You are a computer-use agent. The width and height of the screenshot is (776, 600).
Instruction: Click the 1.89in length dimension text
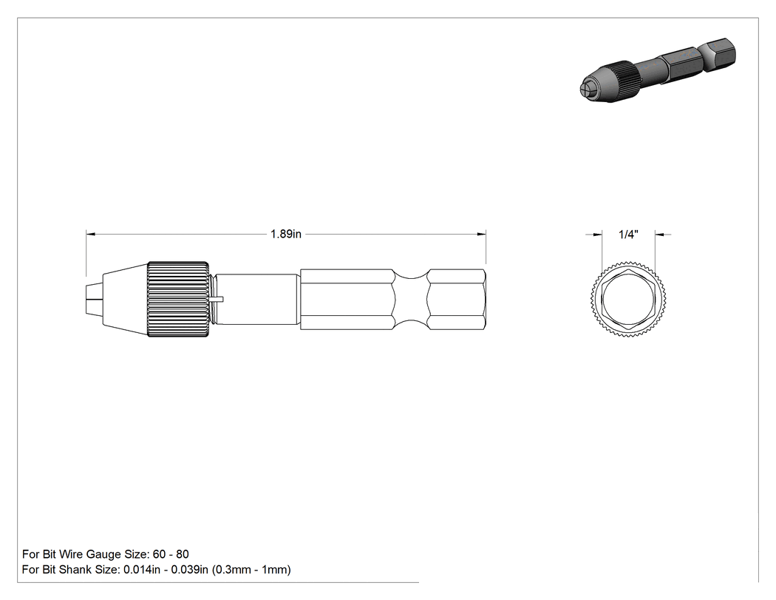[x=285, y=234]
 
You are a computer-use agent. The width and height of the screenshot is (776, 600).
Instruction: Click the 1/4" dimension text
[x=628, y=235]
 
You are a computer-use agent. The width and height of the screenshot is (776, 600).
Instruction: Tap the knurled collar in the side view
[x=178, y=299]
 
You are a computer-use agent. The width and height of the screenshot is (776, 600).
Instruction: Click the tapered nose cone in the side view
[x=125, y=299]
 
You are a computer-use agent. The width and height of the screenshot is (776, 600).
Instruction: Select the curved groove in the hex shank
[x=411, y=299]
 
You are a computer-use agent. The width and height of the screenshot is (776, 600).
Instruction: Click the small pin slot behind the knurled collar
[x=217, y=299]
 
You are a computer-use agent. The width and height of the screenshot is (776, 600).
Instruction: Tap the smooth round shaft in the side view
[x=257, y=299]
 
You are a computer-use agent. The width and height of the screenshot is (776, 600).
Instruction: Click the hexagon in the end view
[x=628, y=299]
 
